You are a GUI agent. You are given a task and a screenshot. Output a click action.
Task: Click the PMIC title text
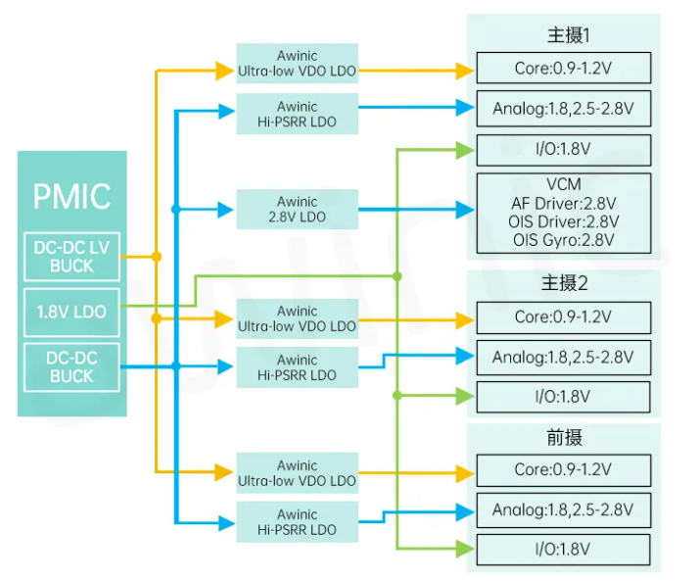pos(71,195)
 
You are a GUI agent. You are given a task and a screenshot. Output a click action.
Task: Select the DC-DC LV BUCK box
pos(71,257)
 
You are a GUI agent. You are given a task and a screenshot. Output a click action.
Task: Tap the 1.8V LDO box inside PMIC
pos(71,313)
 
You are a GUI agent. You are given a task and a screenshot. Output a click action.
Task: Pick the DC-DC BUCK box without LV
pos(71,366)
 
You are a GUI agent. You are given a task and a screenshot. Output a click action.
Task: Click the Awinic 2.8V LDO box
pos(297,209)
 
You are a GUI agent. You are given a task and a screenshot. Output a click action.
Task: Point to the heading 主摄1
pos(568,36)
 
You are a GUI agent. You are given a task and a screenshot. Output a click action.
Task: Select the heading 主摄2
pos(565,284)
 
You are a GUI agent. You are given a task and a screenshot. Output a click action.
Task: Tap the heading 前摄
pos(565,437)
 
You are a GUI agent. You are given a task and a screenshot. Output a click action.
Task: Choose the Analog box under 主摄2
pos(563,358)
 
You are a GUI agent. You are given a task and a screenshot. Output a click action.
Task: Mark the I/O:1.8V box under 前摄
pos(563,549)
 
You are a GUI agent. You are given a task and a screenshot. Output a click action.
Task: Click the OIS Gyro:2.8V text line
pos(563,239)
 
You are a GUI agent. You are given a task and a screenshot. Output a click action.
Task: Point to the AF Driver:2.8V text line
pos(563,203)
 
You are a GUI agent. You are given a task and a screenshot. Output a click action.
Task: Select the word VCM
pos(563,185)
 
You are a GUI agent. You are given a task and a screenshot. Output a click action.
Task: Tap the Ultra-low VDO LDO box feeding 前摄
pos(297,473)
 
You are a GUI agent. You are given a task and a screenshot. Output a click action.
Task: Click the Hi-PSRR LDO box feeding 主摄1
pos(297,115)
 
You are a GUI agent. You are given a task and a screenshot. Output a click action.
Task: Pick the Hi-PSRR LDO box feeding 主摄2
pos(297,367)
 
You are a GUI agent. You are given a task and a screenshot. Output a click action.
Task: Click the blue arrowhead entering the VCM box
pos(463,209)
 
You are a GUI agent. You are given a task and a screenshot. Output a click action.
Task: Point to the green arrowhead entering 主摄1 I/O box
pos(463,150)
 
